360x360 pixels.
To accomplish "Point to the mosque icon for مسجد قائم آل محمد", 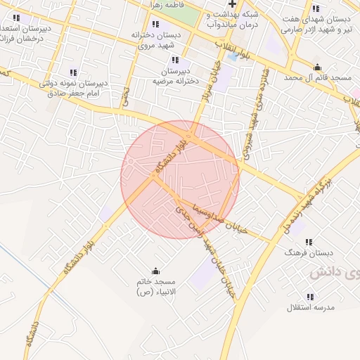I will (x=318, y=67).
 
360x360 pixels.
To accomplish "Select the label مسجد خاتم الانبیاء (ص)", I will (x=156, y=286).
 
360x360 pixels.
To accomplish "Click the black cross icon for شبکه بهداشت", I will (x=232, y=4).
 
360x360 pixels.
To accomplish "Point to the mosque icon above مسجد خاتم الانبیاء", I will (x=156, y=271).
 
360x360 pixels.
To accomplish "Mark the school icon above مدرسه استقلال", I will (x=311, y=297).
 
